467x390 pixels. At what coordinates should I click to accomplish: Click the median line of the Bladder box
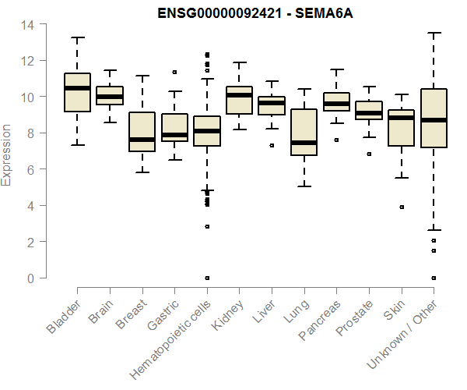pos(77,88)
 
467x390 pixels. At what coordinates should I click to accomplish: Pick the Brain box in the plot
pos(110,95)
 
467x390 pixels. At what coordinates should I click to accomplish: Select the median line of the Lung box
pos(304,143)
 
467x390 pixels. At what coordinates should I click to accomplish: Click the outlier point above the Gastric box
pos(174,72)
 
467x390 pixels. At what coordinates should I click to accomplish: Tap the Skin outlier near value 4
pos(402,207)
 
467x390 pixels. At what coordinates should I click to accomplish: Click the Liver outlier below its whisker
pos(272,145)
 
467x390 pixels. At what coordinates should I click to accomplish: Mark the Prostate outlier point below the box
pos(369,154)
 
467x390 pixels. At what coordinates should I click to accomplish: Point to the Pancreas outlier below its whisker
pos(336,140)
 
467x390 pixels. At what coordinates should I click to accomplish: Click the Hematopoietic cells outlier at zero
pos(207,278)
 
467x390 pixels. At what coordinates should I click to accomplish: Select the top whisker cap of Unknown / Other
pos(434,33)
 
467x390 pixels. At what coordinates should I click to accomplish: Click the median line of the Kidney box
pos(239,95)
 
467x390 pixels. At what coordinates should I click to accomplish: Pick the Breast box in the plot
pos(142,132)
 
